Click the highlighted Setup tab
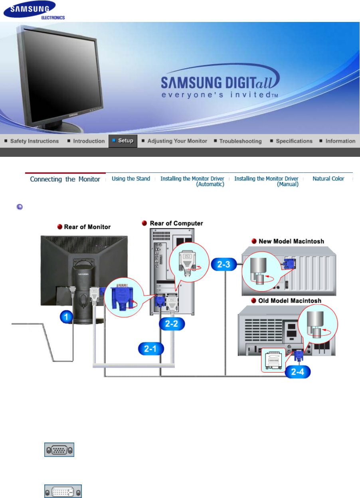123,141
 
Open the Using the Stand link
131,179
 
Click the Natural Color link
328,179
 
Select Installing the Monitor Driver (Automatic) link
192,181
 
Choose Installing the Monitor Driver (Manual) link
266,181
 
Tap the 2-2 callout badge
172,324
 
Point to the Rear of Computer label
176,223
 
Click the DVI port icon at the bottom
63,491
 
